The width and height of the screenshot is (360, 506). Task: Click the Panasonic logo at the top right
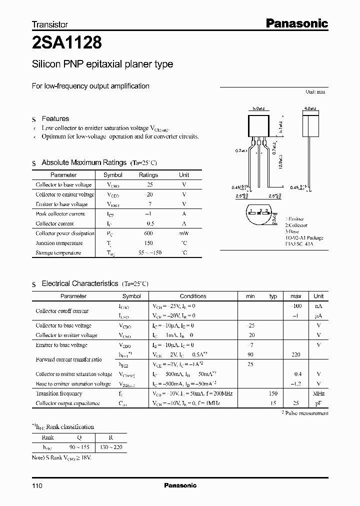point(296,23)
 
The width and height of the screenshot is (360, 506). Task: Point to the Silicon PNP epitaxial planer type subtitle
point(102,64)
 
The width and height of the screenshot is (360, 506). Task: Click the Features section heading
point(55,118)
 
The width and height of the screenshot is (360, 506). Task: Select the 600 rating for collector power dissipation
point(148,233)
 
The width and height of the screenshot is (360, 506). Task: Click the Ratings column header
point(148,175)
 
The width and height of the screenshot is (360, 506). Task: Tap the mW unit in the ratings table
point(184,233)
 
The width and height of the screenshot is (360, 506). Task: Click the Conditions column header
point(192,296)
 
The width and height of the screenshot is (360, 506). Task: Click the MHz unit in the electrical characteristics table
point(318,393)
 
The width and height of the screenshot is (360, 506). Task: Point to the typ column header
point(273,296)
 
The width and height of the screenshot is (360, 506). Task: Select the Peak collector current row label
point(60,214)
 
